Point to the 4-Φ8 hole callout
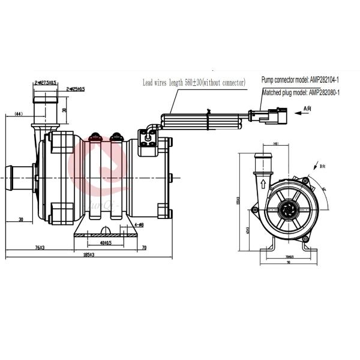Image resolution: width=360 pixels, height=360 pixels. click(137, 225)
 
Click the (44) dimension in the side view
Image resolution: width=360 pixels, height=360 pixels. click(18, 113)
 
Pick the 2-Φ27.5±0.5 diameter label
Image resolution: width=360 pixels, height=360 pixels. click(46, 82)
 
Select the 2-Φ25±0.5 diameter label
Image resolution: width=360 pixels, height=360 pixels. click(76, 89)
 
